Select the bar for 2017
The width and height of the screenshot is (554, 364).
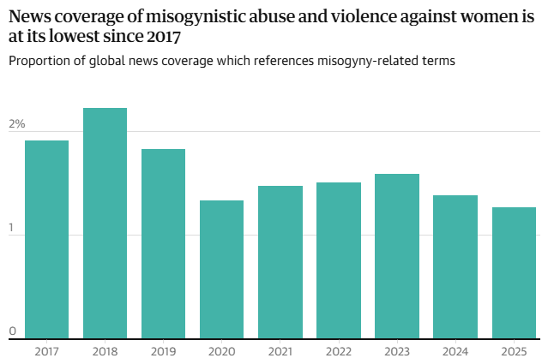click(46, 240)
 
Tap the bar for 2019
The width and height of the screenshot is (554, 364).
click(163, 244)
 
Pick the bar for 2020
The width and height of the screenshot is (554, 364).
click(221, 270)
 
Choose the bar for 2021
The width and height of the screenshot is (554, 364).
click(280, 262)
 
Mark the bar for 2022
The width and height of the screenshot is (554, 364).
click(338, 260)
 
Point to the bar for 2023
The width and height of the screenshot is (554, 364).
click(396, 256)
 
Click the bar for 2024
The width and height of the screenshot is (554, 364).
click(455, 267)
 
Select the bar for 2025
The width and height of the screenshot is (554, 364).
click(514, 273)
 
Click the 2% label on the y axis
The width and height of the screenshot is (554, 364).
click(17, 124)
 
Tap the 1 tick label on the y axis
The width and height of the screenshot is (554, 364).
click(13, 228)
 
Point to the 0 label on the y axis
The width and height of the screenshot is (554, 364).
click(13, 331)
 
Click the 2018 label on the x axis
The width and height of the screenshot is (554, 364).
click(105, 351)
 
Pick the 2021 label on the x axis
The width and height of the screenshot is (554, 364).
click(280, 351)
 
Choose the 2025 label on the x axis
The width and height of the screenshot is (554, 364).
click(514, 351)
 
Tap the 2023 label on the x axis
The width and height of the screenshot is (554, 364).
click(396, 351)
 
